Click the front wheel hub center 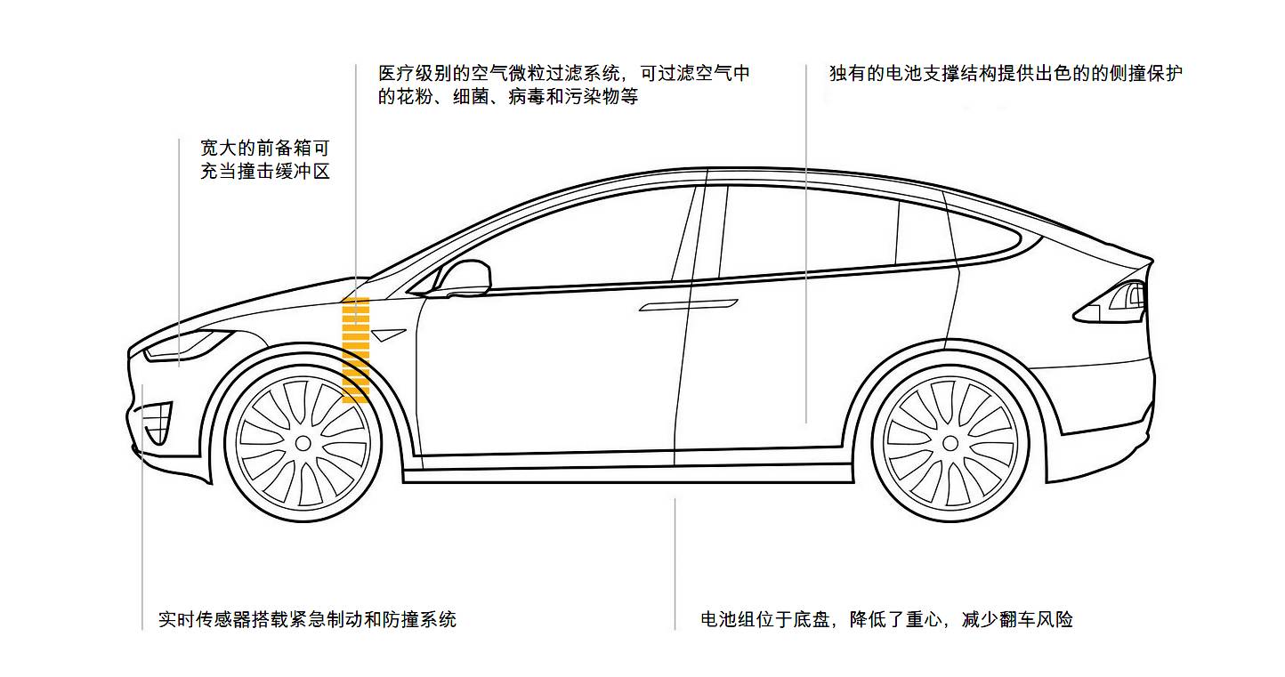coord(303,442)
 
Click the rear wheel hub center coord(950,442)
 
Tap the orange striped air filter coord(355,350)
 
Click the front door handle coord(688,305)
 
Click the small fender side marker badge coord(389,334)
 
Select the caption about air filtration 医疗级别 coord(564,85)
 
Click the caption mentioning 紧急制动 coord(307,619)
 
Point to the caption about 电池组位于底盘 coord(886,619)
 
